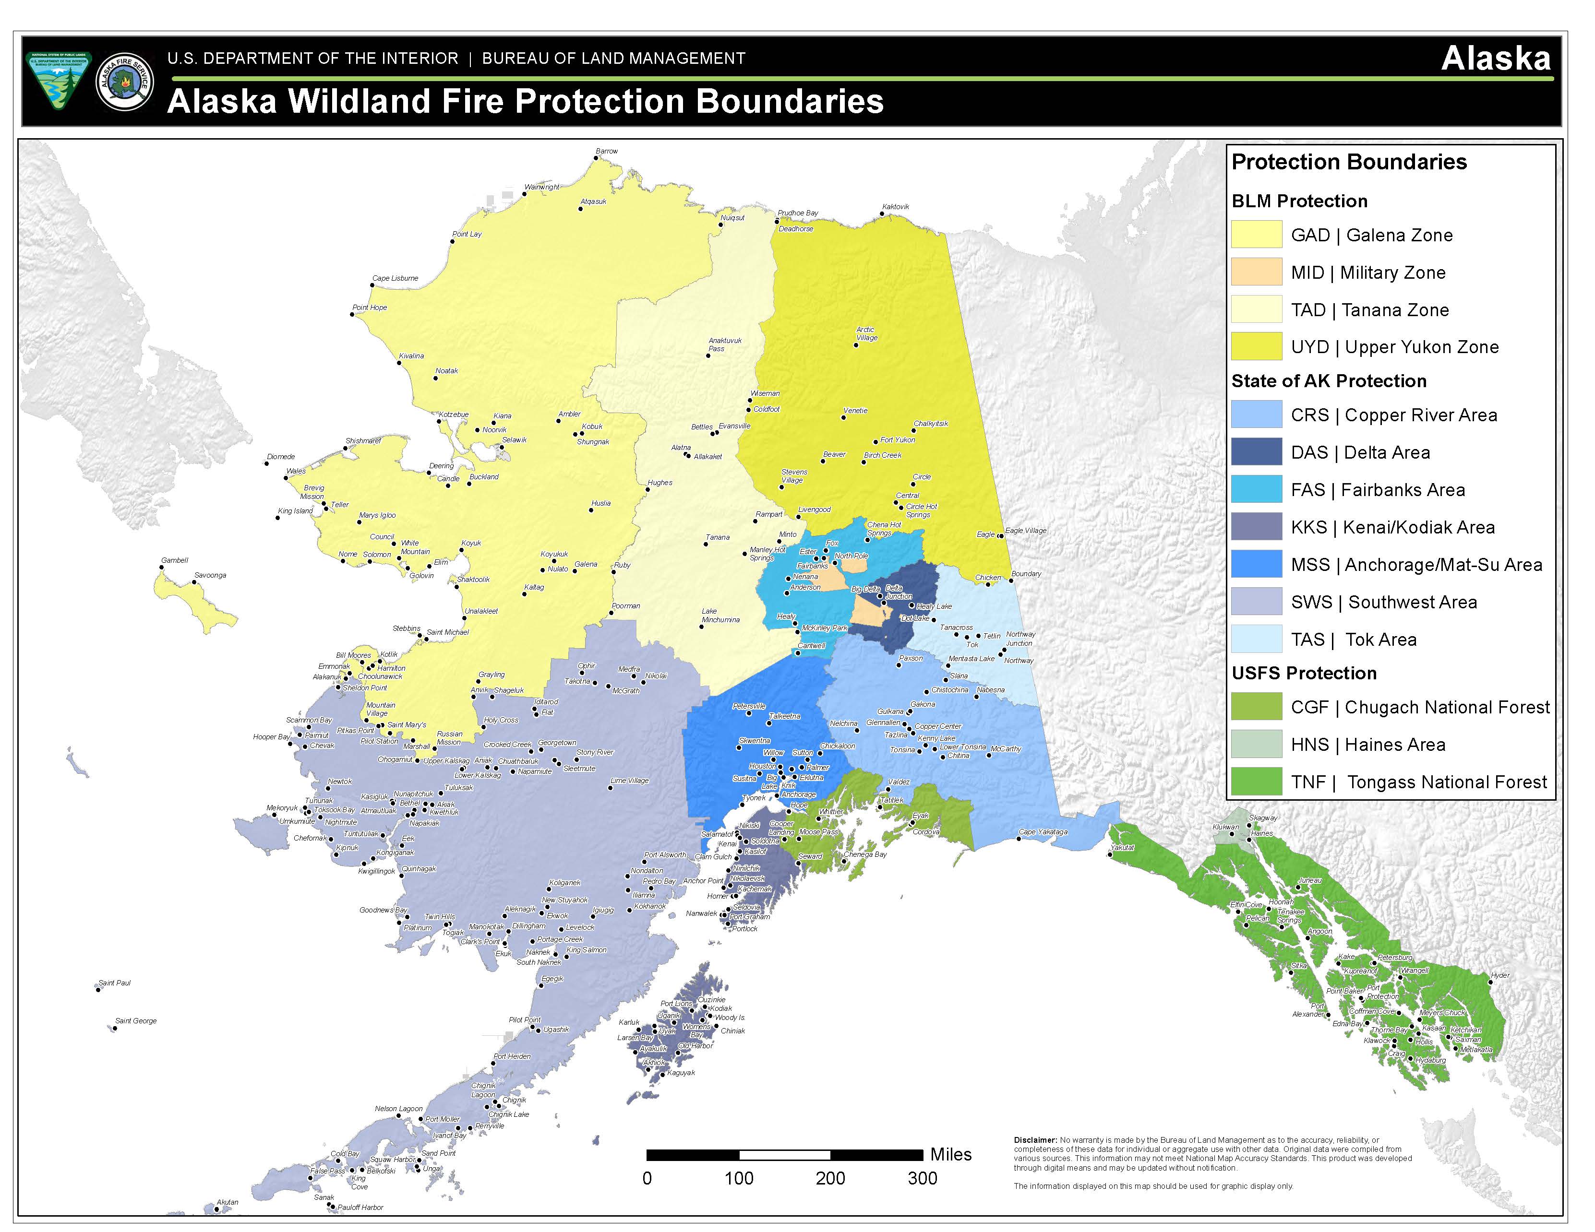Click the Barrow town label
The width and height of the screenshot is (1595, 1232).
(x=606, y=151)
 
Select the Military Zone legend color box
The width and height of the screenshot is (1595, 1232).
(x=1256, y=272)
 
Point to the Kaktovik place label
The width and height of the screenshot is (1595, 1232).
(x=895, y=207)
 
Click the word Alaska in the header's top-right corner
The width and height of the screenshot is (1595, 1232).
(x=1496, y=59)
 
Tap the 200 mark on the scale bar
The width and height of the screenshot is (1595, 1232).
(x=830, y=1178)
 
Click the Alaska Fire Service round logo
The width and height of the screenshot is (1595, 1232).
(x=125, y=81)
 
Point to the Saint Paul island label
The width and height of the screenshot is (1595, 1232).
(x=115, y=983)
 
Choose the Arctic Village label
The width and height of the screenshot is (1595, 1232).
(x=866, y=333)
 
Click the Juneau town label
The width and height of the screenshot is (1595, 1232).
(x=1310, y=880)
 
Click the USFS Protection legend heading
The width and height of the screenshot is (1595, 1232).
(x=1304, y=673)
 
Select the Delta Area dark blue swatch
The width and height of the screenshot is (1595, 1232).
(x=1256, y=452)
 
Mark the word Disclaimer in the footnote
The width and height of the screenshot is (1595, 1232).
(x=1035, y=1140)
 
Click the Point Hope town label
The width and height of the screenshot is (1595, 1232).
(x=370, y=307)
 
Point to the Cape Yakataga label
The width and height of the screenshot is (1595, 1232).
(x=1043, y=832)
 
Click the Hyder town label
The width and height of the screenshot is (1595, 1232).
(x=1499, y=975)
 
